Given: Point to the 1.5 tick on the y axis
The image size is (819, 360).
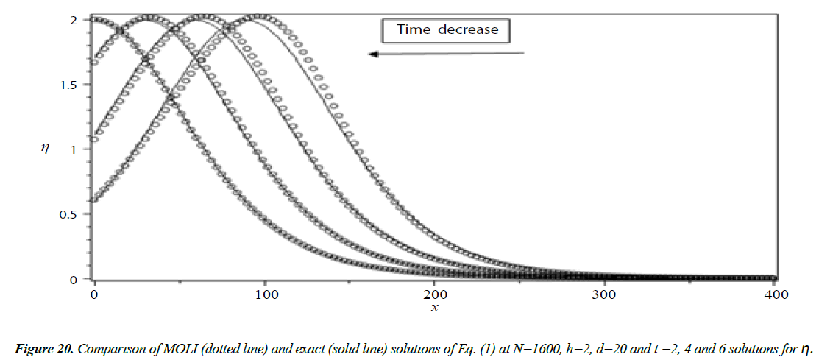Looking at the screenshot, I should pyautogui.click(x=67, y=85).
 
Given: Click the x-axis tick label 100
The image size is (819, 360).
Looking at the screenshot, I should pyautogui.click(x=264, y=294).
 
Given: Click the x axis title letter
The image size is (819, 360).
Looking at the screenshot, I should pyautogui.click(x=434, y=307).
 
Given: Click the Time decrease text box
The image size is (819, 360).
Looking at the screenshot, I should pyautogui.click(x=447, y=30).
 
